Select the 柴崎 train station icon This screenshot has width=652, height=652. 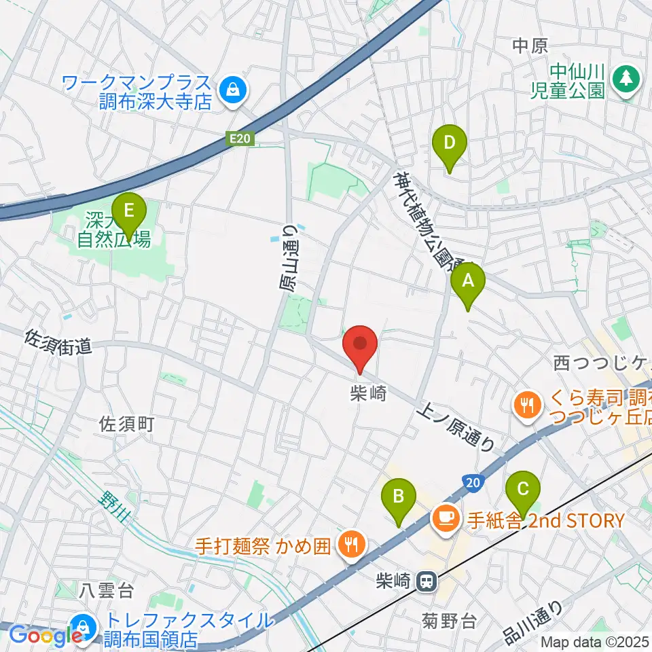(426, 581)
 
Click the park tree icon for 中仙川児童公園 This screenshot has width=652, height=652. (624, 78)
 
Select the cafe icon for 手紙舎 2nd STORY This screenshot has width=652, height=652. (446, 520)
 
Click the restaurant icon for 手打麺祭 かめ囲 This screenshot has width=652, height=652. (352, 543)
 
